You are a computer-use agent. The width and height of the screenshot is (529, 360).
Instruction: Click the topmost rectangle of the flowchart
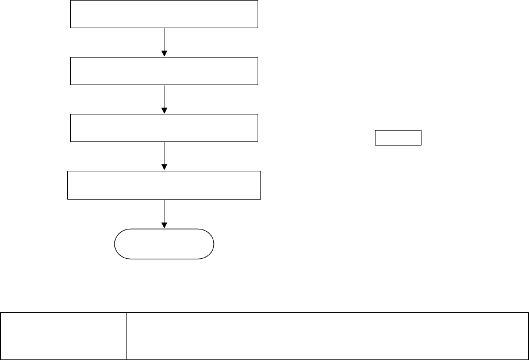click(164, 14)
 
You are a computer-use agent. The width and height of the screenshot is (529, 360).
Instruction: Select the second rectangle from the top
click(164, 71)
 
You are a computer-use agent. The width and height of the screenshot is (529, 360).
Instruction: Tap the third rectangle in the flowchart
click(164, 128)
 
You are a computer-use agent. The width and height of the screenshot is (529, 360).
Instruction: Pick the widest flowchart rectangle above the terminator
click(164, 185)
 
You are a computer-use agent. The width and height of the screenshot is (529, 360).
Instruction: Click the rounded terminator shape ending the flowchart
click(164, 244)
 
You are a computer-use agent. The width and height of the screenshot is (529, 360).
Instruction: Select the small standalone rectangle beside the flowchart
click(398, 138)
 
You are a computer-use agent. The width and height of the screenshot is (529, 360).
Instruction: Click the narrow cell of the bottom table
click(63, 336)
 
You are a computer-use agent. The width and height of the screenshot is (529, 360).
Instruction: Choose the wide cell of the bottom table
click(327, 336)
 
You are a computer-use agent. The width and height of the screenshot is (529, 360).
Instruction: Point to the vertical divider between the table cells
click(126, 336)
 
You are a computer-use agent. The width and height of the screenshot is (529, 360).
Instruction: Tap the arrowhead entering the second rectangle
click(164, 53)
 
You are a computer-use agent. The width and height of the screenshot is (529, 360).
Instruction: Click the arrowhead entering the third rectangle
click(164, 110)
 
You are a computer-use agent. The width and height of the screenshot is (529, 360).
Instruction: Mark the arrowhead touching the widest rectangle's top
click(164, 167)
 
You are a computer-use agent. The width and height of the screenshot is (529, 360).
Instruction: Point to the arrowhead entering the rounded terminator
click(164, 225)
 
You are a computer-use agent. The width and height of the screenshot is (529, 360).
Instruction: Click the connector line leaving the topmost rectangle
click(164, 39)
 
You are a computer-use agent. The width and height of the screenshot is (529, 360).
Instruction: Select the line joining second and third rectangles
click(164, 96)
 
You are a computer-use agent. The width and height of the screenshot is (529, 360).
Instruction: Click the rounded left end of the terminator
click(117, 244)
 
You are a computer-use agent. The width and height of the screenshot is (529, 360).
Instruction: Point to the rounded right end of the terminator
click(212, 244)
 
